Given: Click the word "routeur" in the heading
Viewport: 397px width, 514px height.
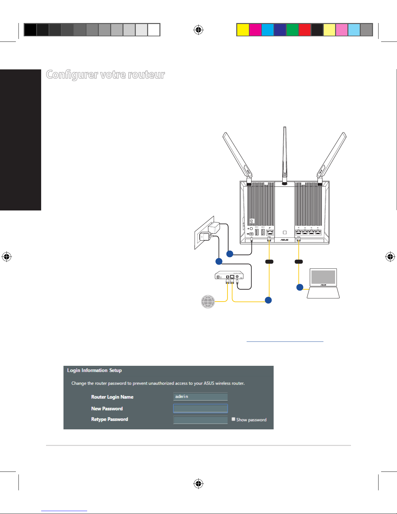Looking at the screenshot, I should [x=146, y=75].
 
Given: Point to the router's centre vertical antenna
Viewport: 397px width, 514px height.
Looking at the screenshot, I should [x=285, y=152].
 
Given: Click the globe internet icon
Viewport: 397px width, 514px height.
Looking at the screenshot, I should [x=208, y=302].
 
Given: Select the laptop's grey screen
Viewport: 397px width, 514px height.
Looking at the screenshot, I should [x=323, y=277].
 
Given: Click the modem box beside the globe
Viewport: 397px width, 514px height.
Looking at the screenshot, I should [x=229, y=276].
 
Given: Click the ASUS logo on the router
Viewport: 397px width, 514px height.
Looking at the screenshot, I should [x=284, y=240].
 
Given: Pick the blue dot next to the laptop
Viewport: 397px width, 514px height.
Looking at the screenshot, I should [x=300, y=287].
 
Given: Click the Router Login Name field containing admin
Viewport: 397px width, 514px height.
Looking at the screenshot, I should [x=200, y=397].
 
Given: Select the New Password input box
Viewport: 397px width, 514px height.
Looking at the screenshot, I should [x=200, y=408].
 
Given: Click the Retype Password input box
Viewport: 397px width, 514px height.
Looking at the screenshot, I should [x=200, y=420].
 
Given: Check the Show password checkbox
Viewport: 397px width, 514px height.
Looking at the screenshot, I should [x=233, y=419].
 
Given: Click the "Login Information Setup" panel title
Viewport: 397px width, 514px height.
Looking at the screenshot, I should [x=94, y=370].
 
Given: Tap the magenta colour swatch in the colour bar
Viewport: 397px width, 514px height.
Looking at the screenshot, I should [x=255, y=30].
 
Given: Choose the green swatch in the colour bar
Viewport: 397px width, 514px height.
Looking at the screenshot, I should [x=292, y=30].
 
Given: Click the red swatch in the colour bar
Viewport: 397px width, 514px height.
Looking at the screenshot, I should [x=305, y=30].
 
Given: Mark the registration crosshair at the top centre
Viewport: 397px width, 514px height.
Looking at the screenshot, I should [x=198, y=30].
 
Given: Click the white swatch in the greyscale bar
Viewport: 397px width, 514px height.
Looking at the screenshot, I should [x=154, y=30].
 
